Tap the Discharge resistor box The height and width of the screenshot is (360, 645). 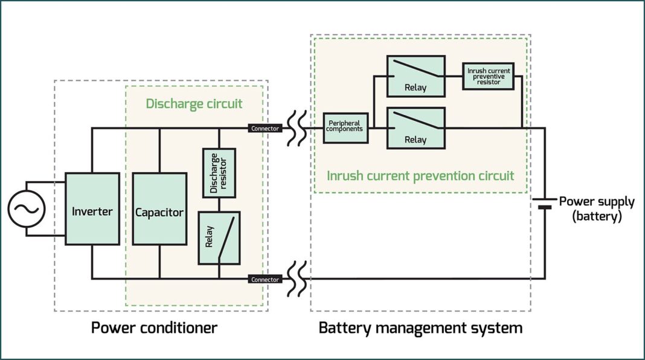[x=219, y=172]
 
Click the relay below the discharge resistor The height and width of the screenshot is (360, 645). [x=219, y=238]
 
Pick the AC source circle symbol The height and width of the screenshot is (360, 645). [x=27, y=209]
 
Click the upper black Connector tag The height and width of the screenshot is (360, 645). [x=265, y=128]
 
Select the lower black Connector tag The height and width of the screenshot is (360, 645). [x=265, y=279]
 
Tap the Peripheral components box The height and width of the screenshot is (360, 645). [x=345, y=127]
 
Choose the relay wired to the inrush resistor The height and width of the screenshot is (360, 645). [x=416, y=76]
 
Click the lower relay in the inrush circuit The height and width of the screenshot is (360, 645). [x=416, y=128]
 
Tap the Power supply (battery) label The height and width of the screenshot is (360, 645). [x=596, y=209]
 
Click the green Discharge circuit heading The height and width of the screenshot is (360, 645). [x=194, y=104]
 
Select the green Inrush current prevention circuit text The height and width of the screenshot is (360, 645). [x=420, y=176]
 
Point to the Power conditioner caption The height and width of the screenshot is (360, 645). [x=154, y=328]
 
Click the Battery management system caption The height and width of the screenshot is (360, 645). [x=420, y=328]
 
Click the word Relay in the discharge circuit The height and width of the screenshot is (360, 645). [x=210, y=238]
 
